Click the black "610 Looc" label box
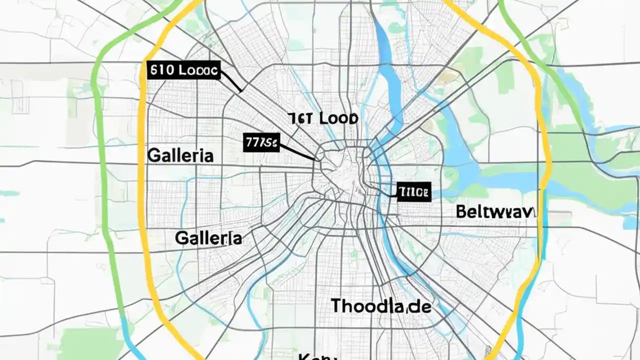click(184, 70)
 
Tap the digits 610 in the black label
click(162, 70)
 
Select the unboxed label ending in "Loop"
click(323, 119)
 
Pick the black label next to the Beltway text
click(413, 191)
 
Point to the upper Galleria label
click(180, 155)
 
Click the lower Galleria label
click(208, 238)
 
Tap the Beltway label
click(495, 211)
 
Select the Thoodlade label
click(381, 306)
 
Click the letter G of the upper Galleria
click(154, 155)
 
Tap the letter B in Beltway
click(461, 211)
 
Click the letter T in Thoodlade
click(337, 305)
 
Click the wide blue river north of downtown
click(390, 85)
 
